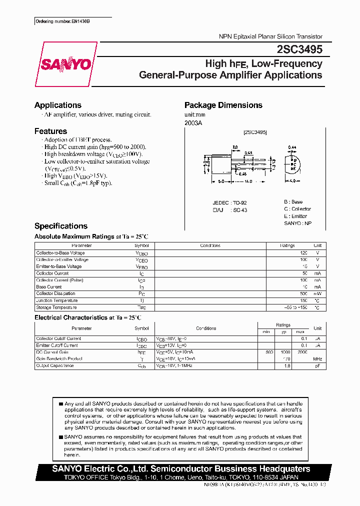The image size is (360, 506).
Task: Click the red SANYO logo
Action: [x=66, y=64]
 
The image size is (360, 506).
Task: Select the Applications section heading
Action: [x=58, y=105]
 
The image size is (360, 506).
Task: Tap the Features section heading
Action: [x=50, y=131]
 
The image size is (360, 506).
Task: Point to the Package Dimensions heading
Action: [x=223, y=105]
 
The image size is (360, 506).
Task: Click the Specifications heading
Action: [x=61, y=226]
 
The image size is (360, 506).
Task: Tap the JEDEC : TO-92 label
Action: [x=230, y=203]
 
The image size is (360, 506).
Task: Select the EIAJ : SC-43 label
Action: [x=230, y=210]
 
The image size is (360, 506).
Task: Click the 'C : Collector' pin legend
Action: [x=297, y=209]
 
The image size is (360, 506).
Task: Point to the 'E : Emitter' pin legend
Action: [x=295, y=216]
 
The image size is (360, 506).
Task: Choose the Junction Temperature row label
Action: [x=57, y=300]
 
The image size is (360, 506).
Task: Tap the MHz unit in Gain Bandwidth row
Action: [x=317, y=359]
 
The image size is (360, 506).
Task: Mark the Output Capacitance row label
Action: [x=55, y=365]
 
